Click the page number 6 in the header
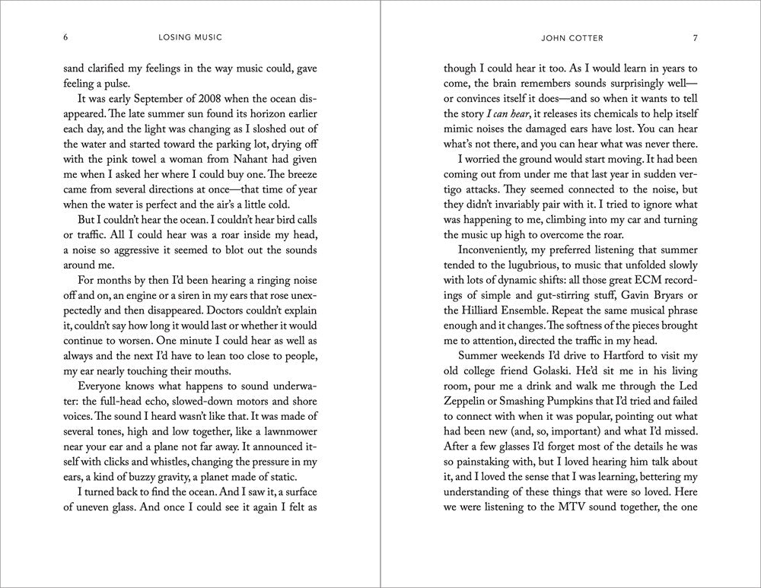click(66, 37)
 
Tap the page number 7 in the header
click(695, 37)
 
